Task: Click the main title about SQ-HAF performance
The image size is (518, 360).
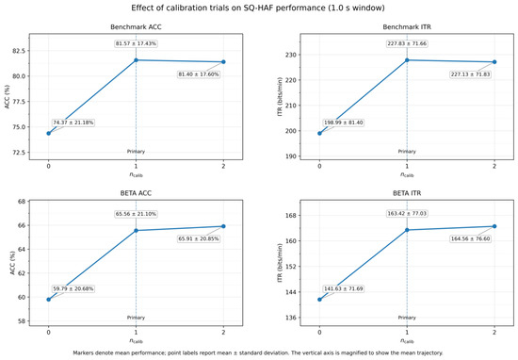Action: [258, 8]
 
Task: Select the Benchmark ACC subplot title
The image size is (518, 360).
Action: [136, 27]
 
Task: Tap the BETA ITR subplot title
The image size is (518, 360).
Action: [407, 193]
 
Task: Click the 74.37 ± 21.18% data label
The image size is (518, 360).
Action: [73, 123]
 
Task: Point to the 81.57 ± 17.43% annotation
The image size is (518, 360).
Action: [136, 43]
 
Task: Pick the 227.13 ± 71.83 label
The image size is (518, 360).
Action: [470, 74]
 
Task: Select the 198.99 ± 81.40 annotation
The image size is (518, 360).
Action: [344, 123]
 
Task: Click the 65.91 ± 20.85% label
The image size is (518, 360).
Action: [199, 238]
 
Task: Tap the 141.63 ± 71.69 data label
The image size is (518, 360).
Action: [344, 288]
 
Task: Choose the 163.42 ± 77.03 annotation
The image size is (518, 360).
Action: [407, 214]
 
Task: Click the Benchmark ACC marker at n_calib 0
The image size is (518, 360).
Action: [49, 134]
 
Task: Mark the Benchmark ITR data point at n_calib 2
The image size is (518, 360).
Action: [494, 62]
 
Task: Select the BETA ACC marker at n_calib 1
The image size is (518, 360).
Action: [136, 230]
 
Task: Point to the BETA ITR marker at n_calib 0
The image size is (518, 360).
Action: [319, 300]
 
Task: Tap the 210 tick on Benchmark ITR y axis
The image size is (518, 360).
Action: [291, 106]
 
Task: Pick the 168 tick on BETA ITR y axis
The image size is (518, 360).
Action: [291, 215]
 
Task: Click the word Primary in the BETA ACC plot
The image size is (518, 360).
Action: [136, 318]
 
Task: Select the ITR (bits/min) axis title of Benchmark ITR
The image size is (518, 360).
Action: [280, 96]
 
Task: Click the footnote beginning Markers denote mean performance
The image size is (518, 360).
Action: [258, 352]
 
